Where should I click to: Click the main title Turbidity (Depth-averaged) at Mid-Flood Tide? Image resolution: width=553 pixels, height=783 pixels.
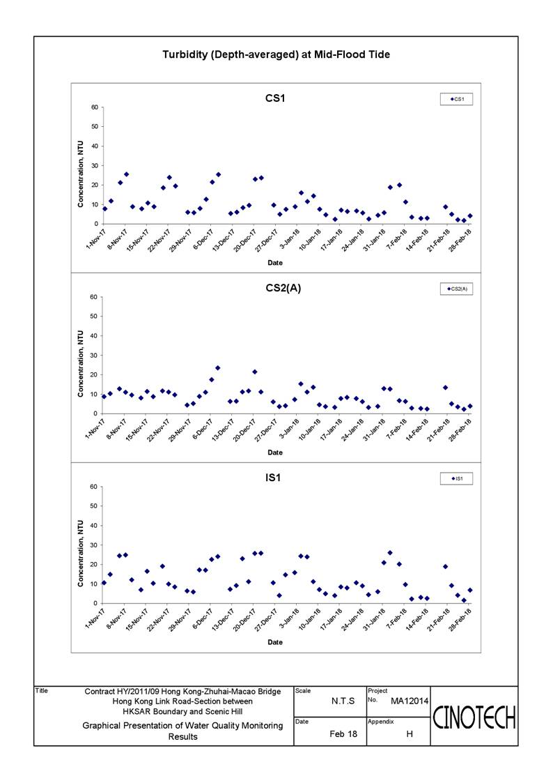coord(276,55)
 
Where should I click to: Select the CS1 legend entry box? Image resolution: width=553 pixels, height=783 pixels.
coord(456,100)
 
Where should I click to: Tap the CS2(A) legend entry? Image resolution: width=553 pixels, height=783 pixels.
coord(456,289)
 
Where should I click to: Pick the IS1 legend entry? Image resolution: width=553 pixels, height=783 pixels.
coord(456,479)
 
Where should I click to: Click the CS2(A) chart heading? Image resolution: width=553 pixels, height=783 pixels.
coord(283,288)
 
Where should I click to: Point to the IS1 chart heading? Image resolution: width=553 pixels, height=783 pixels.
coord(273,478)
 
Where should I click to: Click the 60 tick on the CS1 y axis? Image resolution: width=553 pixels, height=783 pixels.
coord(94,107)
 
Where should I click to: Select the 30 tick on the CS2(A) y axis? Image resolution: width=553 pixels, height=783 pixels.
coord(94,356)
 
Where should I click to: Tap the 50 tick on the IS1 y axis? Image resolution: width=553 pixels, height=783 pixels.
coord(94,506)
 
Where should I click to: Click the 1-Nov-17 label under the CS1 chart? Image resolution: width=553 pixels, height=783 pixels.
coord(96,238)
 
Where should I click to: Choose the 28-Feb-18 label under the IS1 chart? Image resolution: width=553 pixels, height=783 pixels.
coord(461,619)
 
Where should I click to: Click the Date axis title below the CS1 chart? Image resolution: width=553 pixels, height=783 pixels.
coord(274,263)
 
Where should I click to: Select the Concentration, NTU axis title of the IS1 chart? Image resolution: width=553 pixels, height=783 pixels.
coord(80,554)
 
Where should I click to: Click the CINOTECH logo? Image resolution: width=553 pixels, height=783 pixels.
coord(474,717)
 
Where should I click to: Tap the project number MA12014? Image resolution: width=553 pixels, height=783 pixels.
coord(410,701)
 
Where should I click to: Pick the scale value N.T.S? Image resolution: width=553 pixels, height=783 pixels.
coord(343,701)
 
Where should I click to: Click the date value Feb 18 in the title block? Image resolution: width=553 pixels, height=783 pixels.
coord(343,734)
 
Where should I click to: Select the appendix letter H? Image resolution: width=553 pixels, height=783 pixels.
coord(410,734)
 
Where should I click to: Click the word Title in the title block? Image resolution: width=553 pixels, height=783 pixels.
coord(41,691)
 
